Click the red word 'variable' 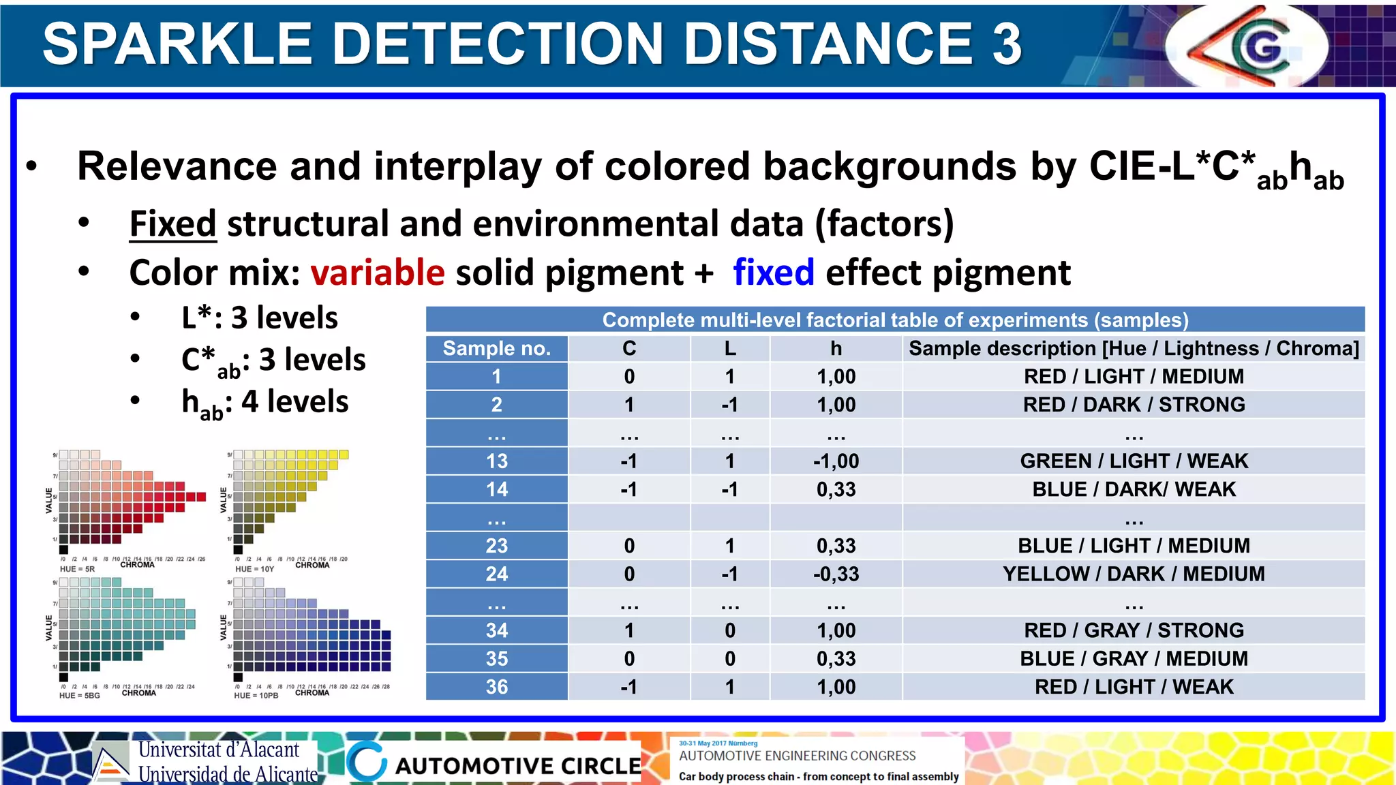(x=378, y=273)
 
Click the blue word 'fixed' (x=773, y=273)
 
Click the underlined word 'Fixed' (x=173, y=224)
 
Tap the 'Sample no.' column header (x=496, y=348)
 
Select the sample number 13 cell (x=496, y=461)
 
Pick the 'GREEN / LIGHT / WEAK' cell (x=1134, y=461)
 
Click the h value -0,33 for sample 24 (x=836, y=574)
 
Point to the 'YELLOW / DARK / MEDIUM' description (x=1134, y=574)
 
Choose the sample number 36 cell (x=496, y=687)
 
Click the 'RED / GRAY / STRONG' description (x=1134, y=630)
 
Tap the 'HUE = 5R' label (x=77, y=569)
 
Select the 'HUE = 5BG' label (x=80, y=696)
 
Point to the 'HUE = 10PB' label (x=256, y=696)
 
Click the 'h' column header (x=836, y=348)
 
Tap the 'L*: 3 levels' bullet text (x=260, y=318)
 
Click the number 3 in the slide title (x=1006, y=44)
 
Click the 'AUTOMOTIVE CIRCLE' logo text (x=518, y=766)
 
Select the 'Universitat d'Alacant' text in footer (x=219, y=750)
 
